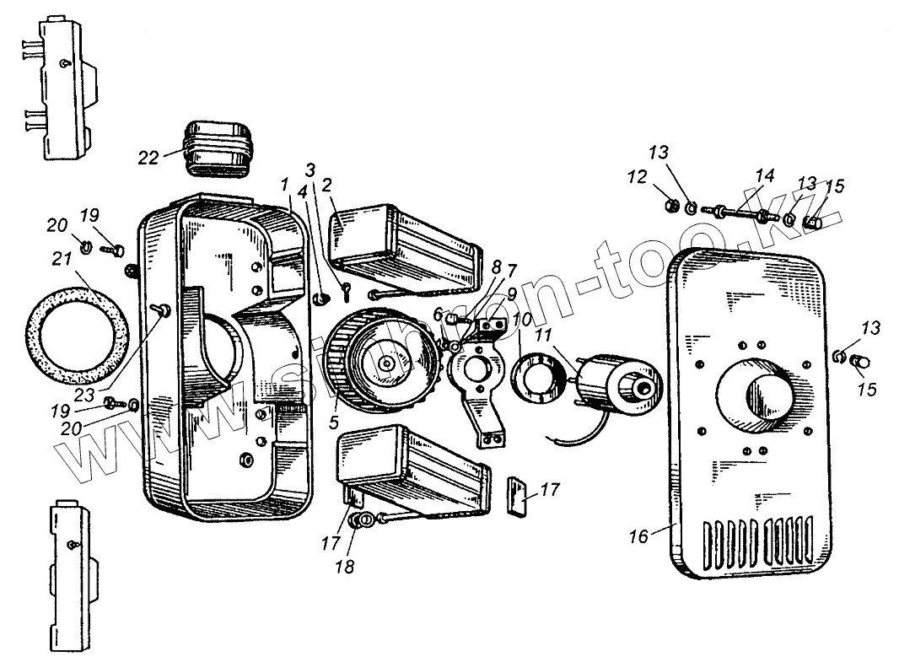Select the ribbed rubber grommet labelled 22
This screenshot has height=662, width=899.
(x=218, y=151)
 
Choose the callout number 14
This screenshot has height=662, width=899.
(x=764, y=175)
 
